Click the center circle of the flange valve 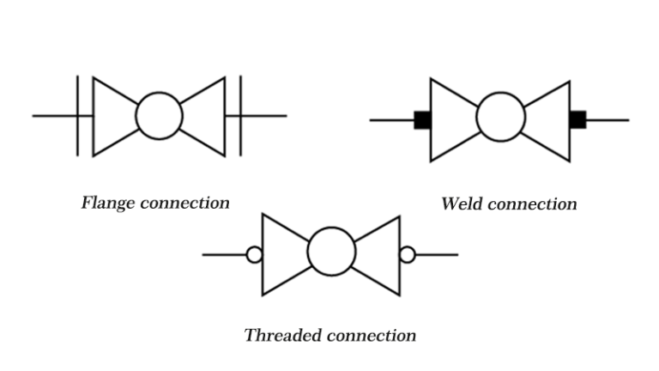(159, 116)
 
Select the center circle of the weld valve (500, 119)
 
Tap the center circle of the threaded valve (331, 252)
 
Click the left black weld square (421, 119)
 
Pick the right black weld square (577, 119)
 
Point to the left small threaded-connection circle (254, 254)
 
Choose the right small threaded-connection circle (408, 254)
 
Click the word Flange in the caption (109, 204)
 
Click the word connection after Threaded (369, 335)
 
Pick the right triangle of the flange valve (206, 116)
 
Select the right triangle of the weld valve (551, 119)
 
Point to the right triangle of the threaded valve (381, 253)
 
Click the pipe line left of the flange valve (54, 116)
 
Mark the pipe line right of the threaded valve (437, 254)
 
